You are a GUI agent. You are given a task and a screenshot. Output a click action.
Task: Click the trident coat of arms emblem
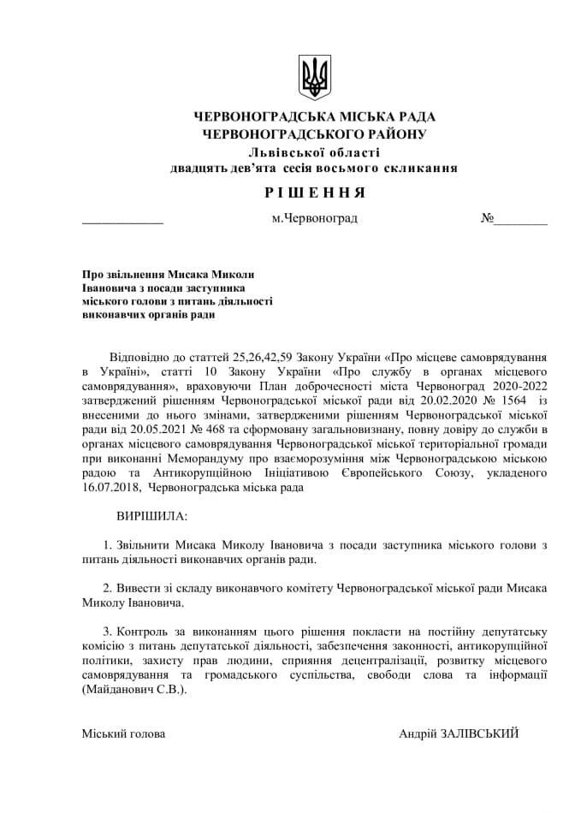314,77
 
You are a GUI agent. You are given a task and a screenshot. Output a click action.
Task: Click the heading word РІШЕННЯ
314,192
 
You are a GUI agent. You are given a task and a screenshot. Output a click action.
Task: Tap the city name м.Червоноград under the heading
314,218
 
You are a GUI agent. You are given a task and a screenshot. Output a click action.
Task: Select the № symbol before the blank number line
487,218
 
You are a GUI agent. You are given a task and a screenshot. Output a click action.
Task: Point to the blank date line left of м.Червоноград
122,220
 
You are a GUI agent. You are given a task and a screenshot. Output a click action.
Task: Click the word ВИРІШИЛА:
151,517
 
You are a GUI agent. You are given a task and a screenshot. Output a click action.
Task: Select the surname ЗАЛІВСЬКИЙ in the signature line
479,733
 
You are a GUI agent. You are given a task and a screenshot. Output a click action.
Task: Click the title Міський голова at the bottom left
123,733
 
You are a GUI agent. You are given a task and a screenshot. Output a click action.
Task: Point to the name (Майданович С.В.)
133,690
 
